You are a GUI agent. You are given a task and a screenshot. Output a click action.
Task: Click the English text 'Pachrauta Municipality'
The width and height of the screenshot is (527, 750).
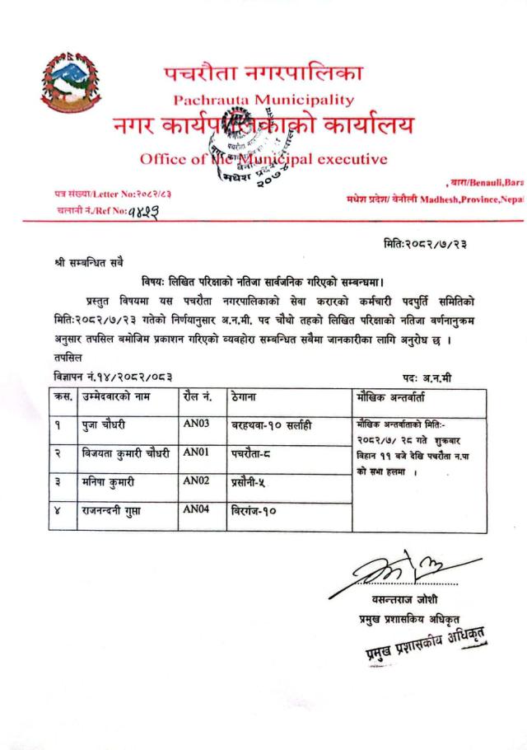[x=263, y=101]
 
